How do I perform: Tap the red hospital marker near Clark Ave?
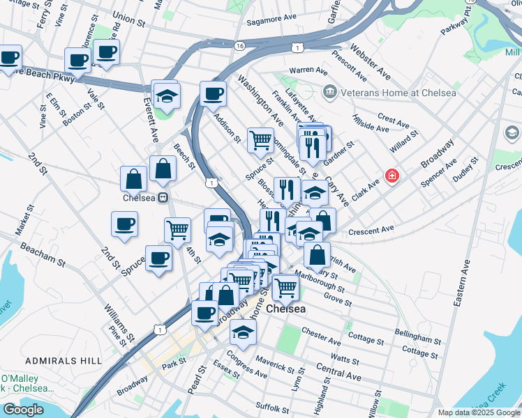392,176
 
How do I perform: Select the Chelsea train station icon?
162,197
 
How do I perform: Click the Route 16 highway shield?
240,45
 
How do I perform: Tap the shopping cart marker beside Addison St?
260,139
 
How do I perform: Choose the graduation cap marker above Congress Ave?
242,332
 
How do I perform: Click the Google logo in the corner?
22,410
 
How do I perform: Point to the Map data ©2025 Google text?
478,412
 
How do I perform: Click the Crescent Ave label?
372,229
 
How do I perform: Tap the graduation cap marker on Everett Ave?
166,95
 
